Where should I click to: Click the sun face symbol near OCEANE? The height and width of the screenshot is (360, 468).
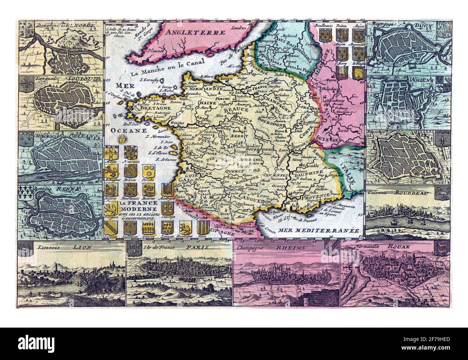tap(123, 138)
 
